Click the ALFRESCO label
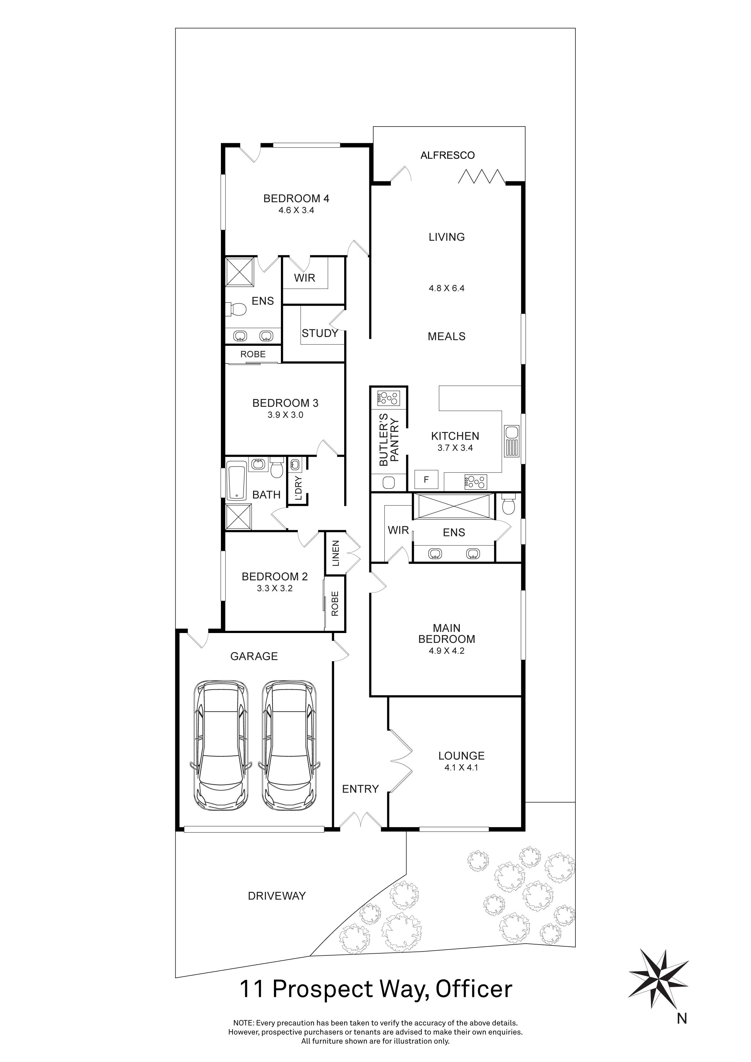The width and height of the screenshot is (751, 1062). (447, 155)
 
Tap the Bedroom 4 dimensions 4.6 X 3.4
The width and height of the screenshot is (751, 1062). (296, 210)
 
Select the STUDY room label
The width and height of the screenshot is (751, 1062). (320, 333)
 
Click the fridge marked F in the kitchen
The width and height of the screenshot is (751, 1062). (426, 480)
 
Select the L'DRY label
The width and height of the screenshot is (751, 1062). (298, 488)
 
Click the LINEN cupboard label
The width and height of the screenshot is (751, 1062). (336, 553)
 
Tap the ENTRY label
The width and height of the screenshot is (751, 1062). (360, 789)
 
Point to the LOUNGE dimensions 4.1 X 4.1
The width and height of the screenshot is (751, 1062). (461, 767)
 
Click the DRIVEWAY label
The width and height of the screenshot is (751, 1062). (277, 896)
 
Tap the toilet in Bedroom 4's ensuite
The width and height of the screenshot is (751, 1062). (237, 309)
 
